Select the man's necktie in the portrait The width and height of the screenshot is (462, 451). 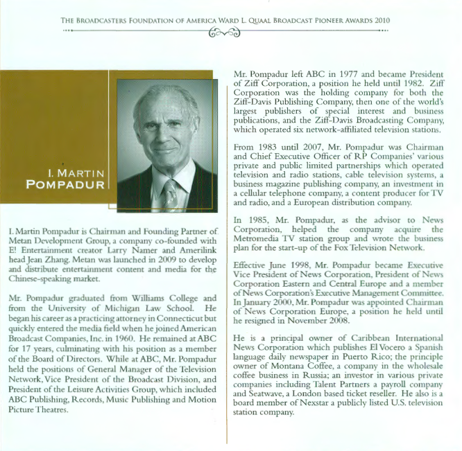click(x=169, y=193)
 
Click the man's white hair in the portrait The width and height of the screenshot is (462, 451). click(x=160, y=96)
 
